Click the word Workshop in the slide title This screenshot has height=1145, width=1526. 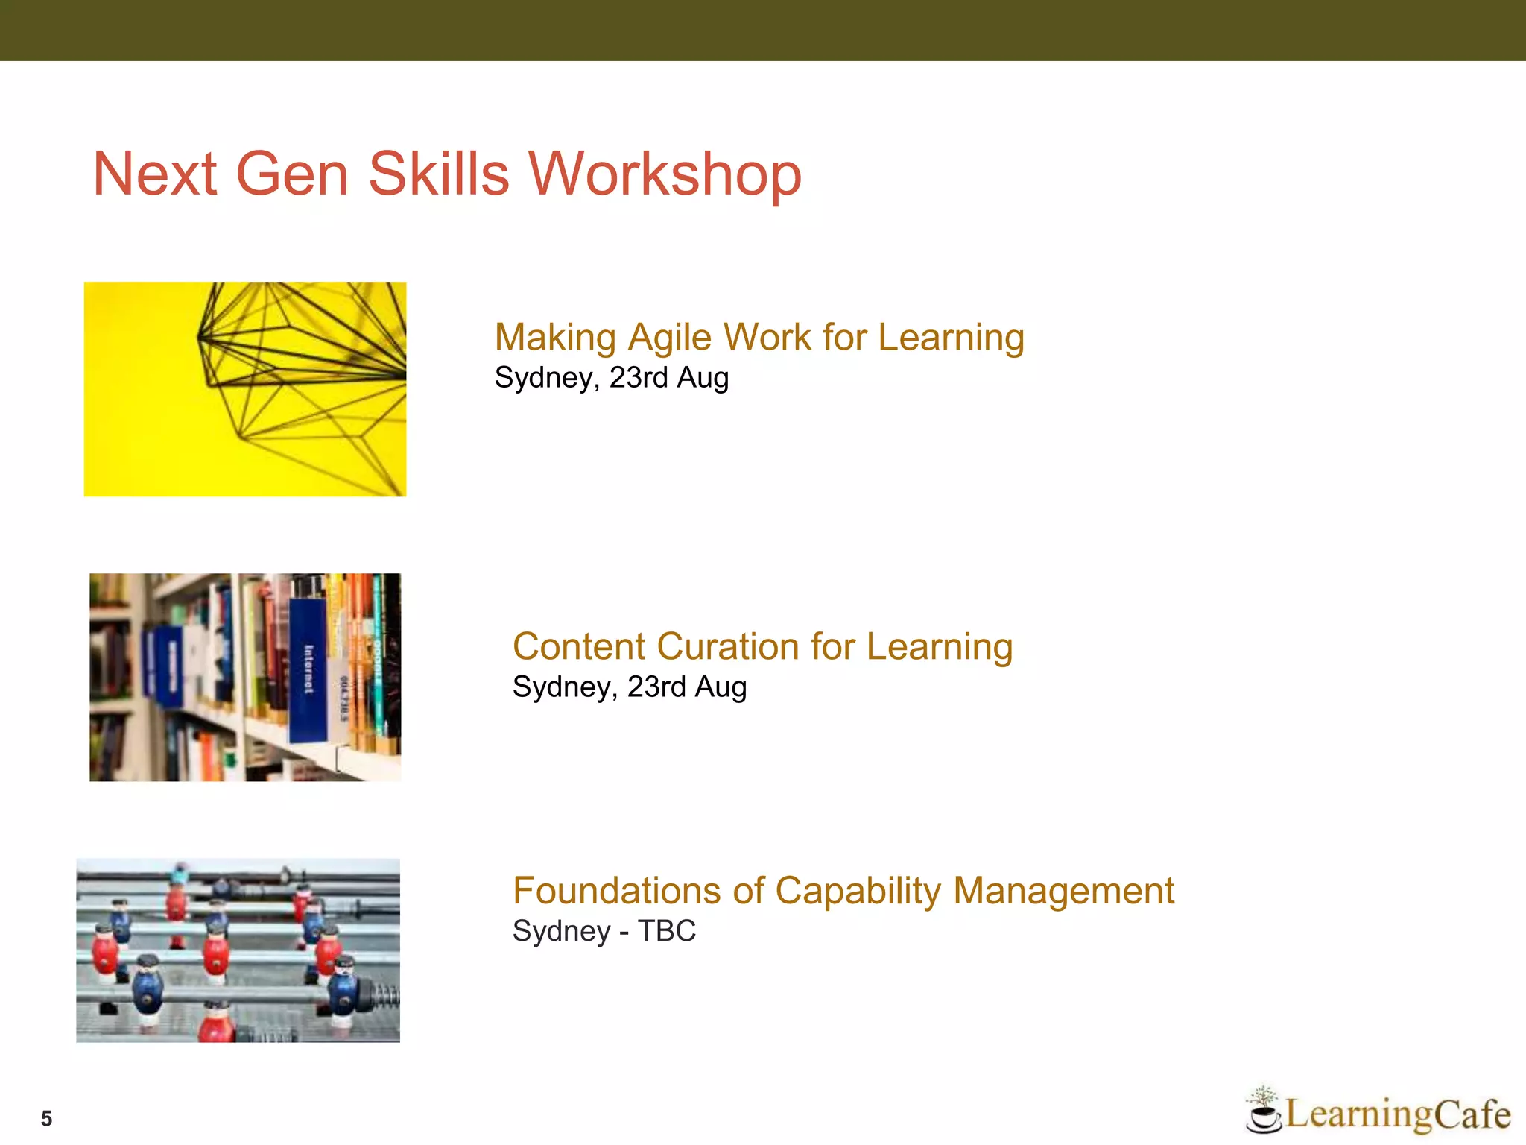665,174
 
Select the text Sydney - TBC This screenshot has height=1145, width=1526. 604,931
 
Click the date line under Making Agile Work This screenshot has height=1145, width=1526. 611,377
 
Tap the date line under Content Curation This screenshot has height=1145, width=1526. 629,687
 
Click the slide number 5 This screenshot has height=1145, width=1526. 46,1118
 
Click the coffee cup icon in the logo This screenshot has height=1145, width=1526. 1263,1114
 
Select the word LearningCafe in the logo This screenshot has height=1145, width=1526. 1397,1114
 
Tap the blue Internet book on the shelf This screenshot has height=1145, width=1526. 308,671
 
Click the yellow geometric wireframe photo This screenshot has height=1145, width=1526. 244,389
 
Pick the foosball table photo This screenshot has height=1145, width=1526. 238,950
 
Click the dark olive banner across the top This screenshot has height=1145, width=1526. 763,30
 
